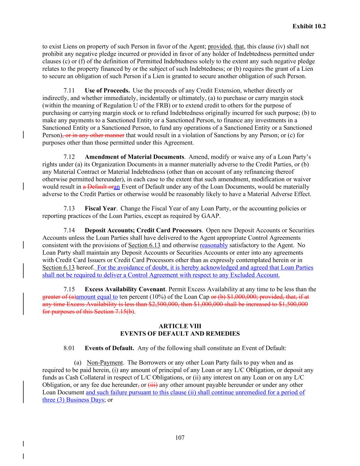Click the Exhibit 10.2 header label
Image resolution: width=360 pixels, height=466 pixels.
point(309,26)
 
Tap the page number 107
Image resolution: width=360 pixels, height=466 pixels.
point(180,438)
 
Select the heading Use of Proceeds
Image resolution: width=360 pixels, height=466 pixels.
point(107,91)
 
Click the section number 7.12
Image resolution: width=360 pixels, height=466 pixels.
point(69,157)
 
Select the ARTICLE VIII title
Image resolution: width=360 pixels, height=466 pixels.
point(180,326)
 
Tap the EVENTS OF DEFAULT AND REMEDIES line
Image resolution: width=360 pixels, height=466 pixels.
point(180,334)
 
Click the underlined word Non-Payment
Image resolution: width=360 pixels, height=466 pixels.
point(104,363)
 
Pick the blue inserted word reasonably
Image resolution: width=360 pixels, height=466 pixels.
point(214,245)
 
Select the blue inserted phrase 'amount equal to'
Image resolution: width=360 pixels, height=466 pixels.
point(97,297)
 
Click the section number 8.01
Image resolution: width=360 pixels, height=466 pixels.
point(69,348)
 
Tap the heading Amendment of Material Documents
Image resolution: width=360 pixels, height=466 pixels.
point(134,157)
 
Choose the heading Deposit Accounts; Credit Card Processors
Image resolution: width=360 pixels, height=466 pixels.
point(143,230)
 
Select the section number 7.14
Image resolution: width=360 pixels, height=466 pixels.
point(69,230)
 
